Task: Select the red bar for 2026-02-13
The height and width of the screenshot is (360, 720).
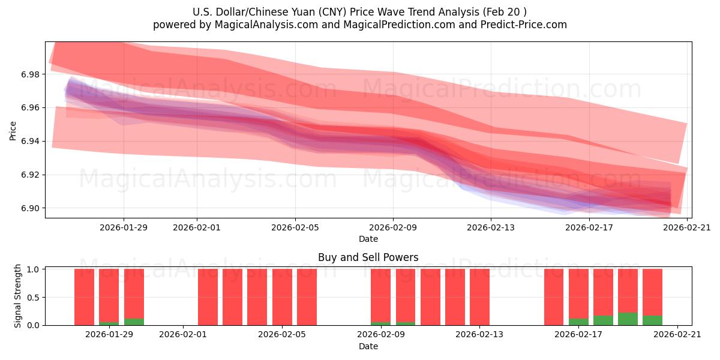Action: (479, 297)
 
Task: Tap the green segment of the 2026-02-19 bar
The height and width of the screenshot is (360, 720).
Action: (628, 319)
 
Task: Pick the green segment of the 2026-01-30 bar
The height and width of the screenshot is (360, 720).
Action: (134, 322)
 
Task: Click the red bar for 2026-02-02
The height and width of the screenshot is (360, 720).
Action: (208, 297)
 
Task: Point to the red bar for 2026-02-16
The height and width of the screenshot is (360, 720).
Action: (554, 297)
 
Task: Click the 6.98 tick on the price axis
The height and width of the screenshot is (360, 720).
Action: (31, 74)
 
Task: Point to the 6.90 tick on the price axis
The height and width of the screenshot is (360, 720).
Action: (31, 208)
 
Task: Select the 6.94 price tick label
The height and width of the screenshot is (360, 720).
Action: (31, 141)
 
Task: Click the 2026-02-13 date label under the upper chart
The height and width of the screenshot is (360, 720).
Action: (491, 227)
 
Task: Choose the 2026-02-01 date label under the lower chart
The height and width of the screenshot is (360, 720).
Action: (183, 335)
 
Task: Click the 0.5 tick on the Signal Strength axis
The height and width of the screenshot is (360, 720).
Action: (33, 297)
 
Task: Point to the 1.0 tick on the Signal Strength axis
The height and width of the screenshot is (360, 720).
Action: (33, 269)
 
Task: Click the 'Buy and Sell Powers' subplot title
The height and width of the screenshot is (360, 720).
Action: (368, 257)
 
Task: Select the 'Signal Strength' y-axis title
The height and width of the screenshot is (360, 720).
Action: (18, 296)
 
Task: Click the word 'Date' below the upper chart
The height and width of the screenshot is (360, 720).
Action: (368, 239)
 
